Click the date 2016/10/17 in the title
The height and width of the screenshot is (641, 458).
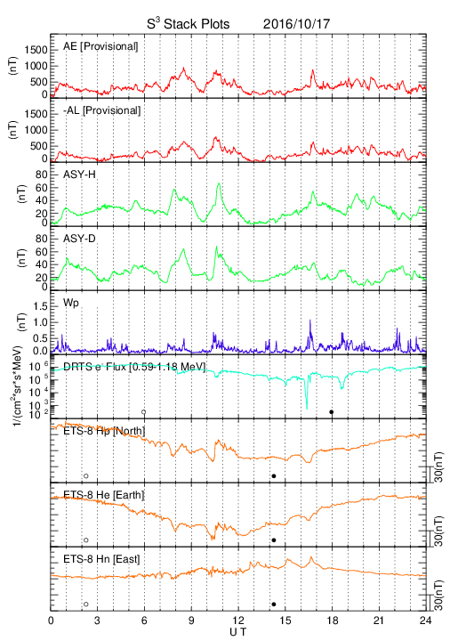tap(296, 24)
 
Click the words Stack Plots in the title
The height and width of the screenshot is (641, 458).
tap(197, 24)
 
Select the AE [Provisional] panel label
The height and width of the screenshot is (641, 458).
tap(100, 46)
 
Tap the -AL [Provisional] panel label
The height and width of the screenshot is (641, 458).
tap(101, 110)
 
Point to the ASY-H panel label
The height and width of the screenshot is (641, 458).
tap(79, 174)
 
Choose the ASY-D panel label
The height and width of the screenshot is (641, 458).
tap(79, 239)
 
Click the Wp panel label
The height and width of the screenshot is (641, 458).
tap(71, 304)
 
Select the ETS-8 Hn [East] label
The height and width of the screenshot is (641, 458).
tap(101, 559)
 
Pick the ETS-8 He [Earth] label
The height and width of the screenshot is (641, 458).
tap(104, 495)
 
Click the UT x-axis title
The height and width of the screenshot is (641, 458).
tap(238, 632)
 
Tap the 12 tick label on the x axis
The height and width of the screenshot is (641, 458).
tap(238, 621)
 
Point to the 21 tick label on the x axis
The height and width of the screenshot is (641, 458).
tap(379, 621)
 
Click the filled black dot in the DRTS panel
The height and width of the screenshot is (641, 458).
tap(332, 412)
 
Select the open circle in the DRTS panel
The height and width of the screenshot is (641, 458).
tap(144, 412)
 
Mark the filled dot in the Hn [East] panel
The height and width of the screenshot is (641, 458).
tap(274, 604)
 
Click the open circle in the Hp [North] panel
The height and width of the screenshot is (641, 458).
tap(86, 475)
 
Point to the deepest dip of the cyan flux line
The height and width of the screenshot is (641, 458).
tap(307, 409)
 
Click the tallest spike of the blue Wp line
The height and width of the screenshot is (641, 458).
tap(310, 320)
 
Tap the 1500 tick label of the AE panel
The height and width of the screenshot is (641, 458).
tap(36, 50)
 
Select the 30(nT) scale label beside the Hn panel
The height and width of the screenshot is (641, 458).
tap(438, 596)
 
